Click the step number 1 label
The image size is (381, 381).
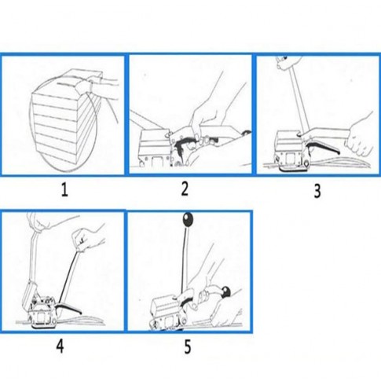click(64, 190)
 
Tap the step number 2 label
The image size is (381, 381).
click(185, 189)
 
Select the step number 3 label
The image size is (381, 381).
click(317, 191)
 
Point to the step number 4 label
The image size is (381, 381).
click(60, 346)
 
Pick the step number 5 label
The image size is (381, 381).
click(188, 347)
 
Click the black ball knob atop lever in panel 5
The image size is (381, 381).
click(188, 218)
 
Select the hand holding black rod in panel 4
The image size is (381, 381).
click(88, 238)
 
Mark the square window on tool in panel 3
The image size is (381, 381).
click(290, 159)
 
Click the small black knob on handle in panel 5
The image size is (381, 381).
click(225, 291)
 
